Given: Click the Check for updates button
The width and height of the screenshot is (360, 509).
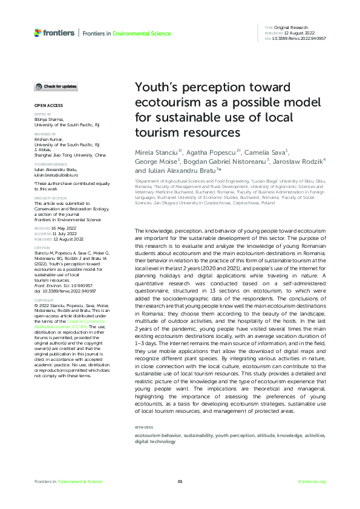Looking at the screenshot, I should pos(56,87).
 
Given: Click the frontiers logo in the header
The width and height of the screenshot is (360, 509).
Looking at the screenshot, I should pos(55,33).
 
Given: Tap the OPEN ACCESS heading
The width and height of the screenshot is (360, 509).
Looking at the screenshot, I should pos(46,106).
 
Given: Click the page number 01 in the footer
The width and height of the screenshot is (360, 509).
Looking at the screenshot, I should pos(180,481).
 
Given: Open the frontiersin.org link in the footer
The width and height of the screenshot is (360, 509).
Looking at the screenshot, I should pos(312,481).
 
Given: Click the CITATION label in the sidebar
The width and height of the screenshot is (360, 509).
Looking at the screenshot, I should pos(42,230).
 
